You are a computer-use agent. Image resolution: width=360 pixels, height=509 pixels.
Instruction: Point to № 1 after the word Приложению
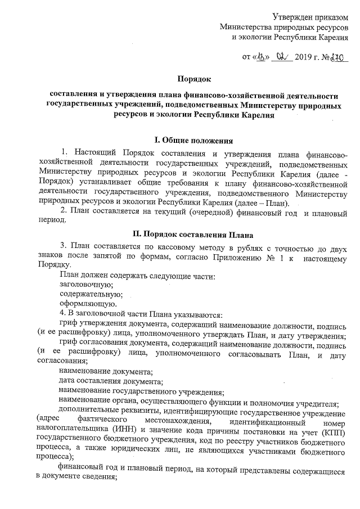pos(285,255)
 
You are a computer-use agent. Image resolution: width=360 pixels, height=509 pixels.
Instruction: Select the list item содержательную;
pos(87,294)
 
